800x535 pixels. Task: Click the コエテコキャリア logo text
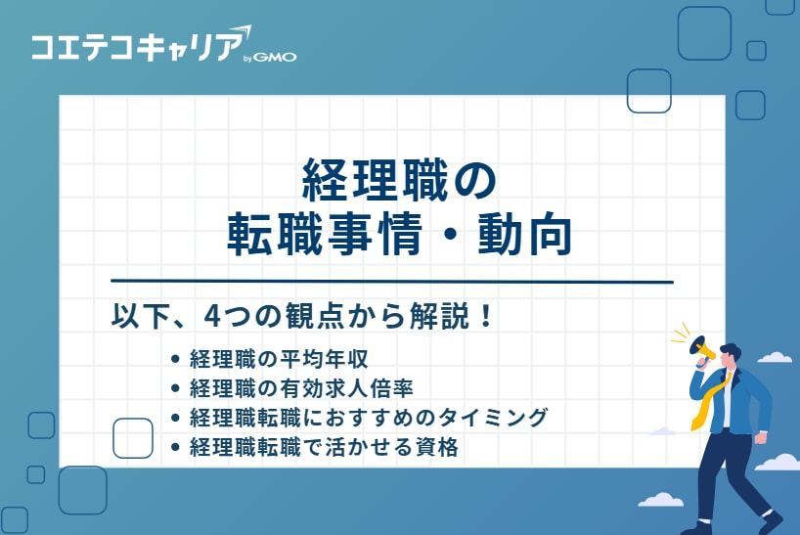[132, 46]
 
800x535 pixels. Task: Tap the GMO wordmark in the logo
[276, 57]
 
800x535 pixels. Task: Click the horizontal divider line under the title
[391, 282]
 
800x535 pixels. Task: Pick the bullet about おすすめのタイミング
[367, 418]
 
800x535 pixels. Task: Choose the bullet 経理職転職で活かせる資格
[324, 448]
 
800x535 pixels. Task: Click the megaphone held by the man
[703, 348]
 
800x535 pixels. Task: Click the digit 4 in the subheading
[211, 319]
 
